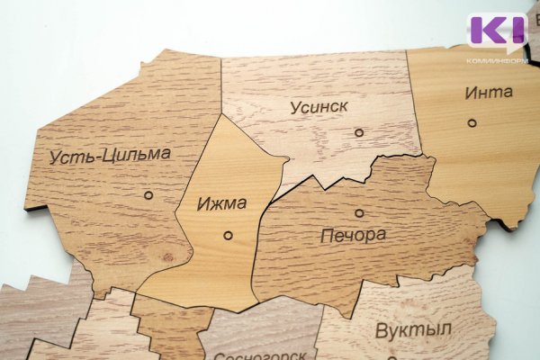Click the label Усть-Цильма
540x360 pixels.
110,156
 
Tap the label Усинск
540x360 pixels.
319,107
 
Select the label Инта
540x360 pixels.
489,92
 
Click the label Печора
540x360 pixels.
353,237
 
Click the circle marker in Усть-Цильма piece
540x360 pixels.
148,194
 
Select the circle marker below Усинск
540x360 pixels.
359,132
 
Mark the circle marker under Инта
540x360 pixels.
471,122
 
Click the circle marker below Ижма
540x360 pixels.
227,235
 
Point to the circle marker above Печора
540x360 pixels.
359,213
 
